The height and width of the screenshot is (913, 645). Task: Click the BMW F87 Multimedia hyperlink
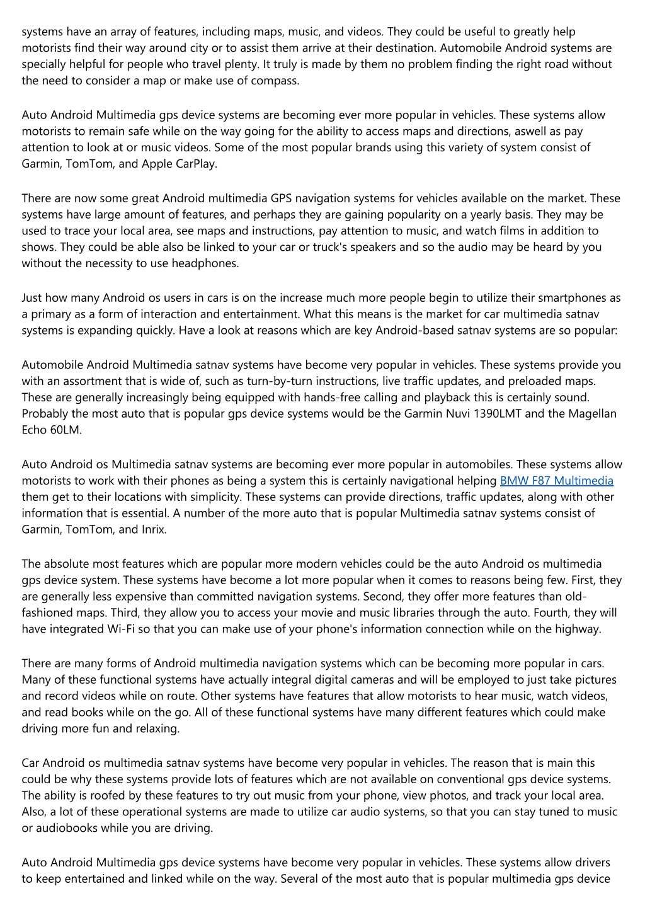point(556,481)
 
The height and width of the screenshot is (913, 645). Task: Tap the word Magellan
point(592,413)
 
